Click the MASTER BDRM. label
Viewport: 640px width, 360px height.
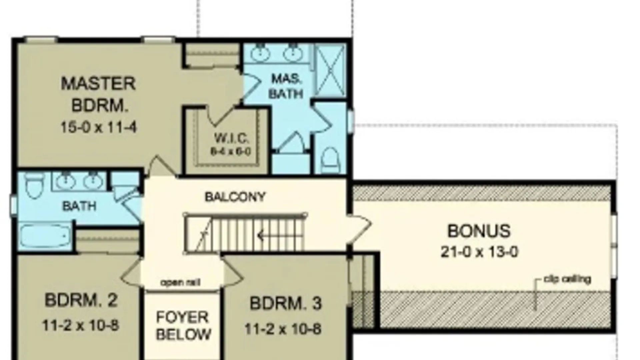click(98, 94)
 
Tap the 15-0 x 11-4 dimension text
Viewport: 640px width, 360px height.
click(98, 127)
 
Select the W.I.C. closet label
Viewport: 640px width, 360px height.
click(231, 138)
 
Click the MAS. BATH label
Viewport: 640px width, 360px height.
click(286, 86)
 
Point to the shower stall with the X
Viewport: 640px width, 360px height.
click(330, 71)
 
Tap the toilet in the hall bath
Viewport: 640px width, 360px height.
click(35, 185)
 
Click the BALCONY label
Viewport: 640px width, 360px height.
click(235, 197)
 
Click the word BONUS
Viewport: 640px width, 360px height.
click(479, 231)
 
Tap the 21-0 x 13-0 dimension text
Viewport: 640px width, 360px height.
click(479, 252)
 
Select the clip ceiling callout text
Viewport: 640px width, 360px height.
click(567, 279)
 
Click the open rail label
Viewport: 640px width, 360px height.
click(180, 283)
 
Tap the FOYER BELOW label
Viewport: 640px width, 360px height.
click(183, 325)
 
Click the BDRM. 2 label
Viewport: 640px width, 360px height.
click(81, 300)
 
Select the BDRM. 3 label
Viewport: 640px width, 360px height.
click(286, 303)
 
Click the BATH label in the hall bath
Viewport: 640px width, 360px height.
click(79, 206)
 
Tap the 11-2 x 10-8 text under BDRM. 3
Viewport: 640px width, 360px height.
click(283, 329)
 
